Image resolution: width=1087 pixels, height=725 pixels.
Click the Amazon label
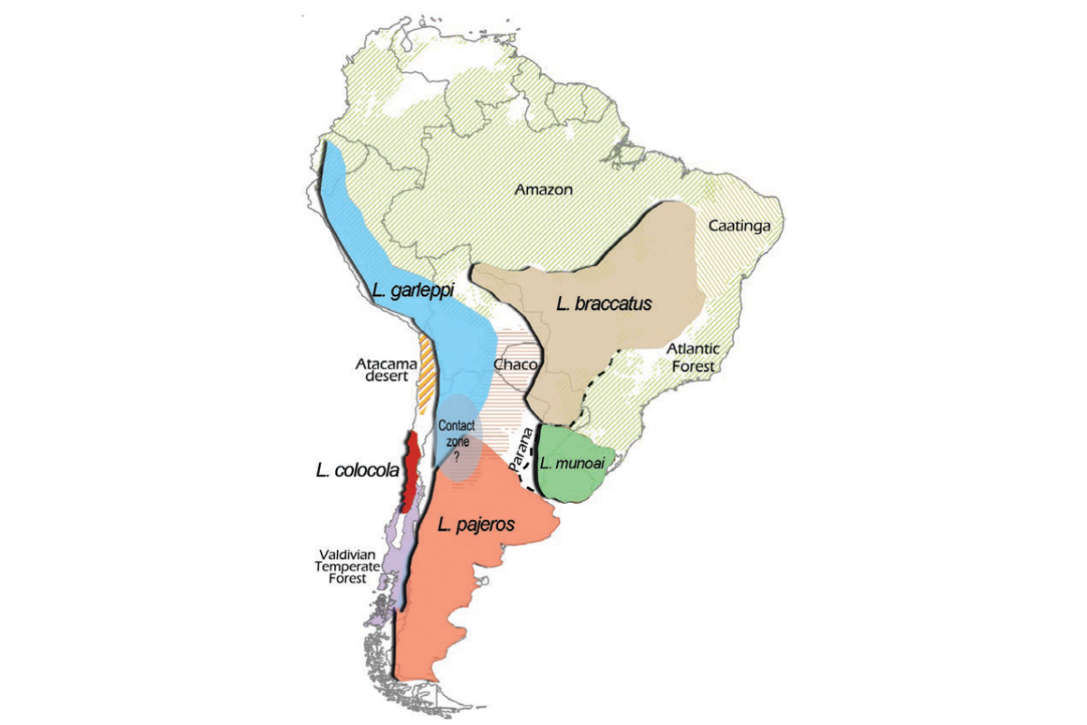click(544, 189)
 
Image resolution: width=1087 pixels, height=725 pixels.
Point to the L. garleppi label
click(412, 291)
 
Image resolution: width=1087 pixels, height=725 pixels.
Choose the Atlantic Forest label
click(692, 357)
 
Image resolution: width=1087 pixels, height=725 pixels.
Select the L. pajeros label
click(476, 524)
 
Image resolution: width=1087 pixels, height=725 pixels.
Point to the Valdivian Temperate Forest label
click(347, 566)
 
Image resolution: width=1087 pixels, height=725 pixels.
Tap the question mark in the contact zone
click(457, 459)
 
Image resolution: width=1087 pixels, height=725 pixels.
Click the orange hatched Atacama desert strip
click(427, 372)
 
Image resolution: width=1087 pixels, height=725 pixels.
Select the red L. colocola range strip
click(410, 471)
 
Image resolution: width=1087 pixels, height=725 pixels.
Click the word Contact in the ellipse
click(457, 424)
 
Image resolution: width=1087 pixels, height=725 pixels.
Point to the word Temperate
click(347, 566)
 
